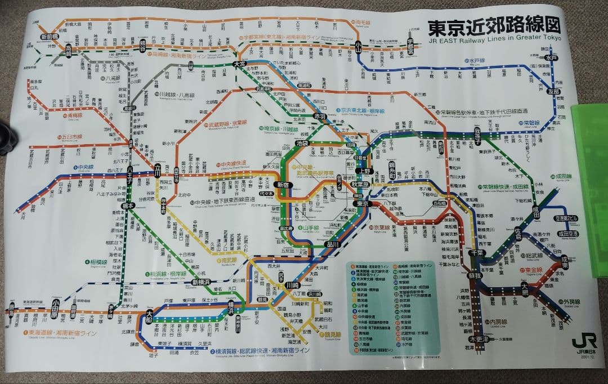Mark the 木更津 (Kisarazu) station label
(x=477, y=340)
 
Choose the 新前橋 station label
(x=50, y=36)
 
